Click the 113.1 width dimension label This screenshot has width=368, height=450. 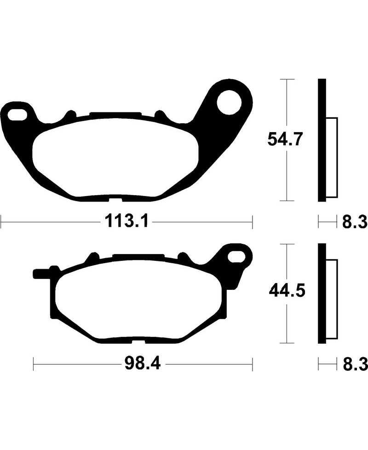126,223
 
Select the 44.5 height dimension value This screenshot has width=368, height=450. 286,291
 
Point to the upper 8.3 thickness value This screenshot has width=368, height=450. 354,223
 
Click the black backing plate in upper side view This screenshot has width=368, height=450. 322,140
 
